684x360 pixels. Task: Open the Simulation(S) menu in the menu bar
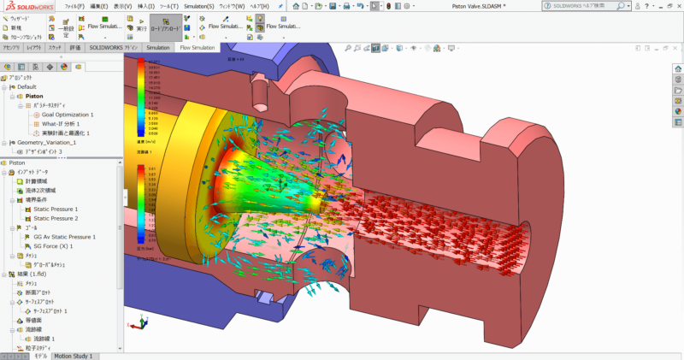tap(198, 5)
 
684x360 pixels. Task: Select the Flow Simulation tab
tap(197, 48)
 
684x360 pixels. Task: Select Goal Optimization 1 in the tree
tap(68, 115)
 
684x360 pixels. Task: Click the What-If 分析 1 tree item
tap(61, 124)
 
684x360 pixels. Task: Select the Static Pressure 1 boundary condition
tap(68, 210)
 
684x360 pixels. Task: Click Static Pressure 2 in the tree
tap(68, 219)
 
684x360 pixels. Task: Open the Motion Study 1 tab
tap(74, 355)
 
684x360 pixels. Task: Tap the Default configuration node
tap(27, 86)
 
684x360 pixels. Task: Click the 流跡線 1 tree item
tap(44, 339)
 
